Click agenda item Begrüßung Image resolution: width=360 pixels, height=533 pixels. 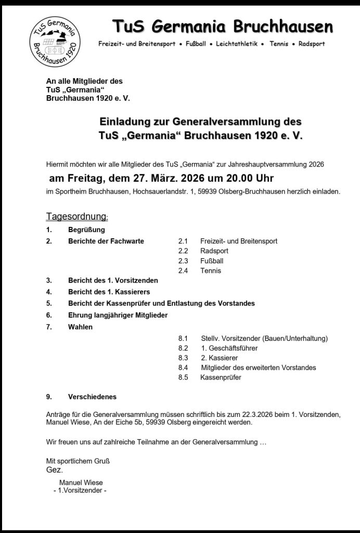tap(86, 230)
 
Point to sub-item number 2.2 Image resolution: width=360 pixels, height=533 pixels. tap(183, 251)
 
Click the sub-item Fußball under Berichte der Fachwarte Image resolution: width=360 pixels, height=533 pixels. tap(211, 261)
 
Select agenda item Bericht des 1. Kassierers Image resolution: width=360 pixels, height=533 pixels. tap(109, 292)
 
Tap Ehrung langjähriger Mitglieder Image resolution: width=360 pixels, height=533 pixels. tap(118, 315)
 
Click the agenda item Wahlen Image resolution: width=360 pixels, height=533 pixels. tap(80, 327)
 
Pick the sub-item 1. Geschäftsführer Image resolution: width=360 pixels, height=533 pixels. tap(229, 348)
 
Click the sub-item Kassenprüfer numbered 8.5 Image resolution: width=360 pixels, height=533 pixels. tap(221, 377)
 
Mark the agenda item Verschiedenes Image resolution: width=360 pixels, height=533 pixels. tap(92, 397)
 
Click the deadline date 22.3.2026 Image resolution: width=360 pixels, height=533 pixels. tap(245, 414)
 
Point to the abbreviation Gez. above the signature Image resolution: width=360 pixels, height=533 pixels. tap(54, 469)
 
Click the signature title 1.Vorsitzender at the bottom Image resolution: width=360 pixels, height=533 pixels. tap(80, 491)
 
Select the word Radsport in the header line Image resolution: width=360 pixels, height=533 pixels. tap(312, 44)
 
